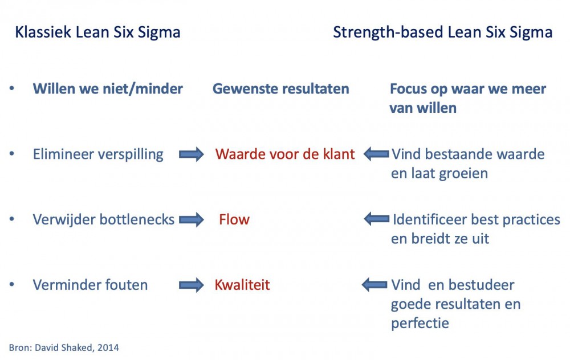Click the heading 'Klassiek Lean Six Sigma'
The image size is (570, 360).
[x=97, y=32]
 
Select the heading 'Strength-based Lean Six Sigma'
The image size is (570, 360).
[x=443, y=32]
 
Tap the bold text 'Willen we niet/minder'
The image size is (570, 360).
[x=108, y=89]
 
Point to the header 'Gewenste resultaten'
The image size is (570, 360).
[x=280, y=89]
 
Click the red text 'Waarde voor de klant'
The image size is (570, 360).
[x=284, y=154]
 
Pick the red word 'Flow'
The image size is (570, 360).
[x=234, y=219]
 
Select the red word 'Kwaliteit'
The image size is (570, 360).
[x=242, y=285]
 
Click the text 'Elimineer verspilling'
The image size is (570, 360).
[x=98, y=154]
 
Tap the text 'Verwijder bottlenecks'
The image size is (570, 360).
[x=104, y=220]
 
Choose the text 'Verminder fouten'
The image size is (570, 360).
[x=90, y=285]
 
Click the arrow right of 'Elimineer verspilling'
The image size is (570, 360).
[x=191, y=154]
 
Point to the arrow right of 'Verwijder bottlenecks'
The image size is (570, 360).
[x=191, y=220]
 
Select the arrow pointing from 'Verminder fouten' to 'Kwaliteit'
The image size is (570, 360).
[x=191, y=285]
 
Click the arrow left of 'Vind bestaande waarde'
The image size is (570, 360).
[x=376, y=154]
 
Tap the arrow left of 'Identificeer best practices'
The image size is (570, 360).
[x=377, y=219]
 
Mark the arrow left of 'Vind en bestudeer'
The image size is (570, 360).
[x=374, y=284]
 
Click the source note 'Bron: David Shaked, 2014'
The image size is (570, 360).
[x=64, y=347]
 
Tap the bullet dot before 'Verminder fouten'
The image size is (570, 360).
[x=12, y=284]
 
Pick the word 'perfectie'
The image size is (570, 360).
[x=420, y=324]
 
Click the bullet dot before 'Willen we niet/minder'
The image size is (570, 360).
[x=12, y=88]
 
